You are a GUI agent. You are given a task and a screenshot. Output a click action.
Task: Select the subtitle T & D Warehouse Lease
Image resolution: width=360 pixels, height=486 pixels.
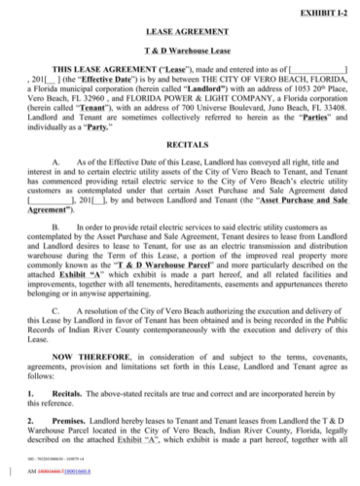pos(179,51)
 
